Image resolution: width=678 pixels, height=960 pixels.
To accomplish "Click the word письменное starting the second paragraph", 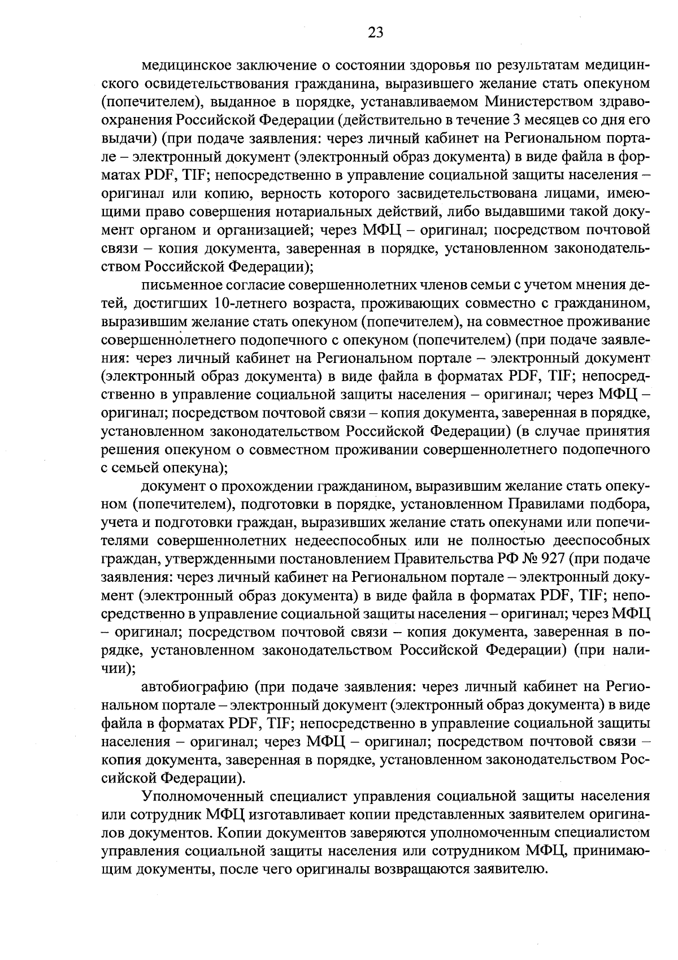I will [x=178, y=285].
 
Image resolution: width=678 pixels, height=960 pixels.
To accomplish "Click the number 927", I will [x=554, y=559].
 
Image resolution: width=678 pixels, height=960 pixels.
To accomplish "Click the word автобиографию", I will [x=194, y=687].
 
